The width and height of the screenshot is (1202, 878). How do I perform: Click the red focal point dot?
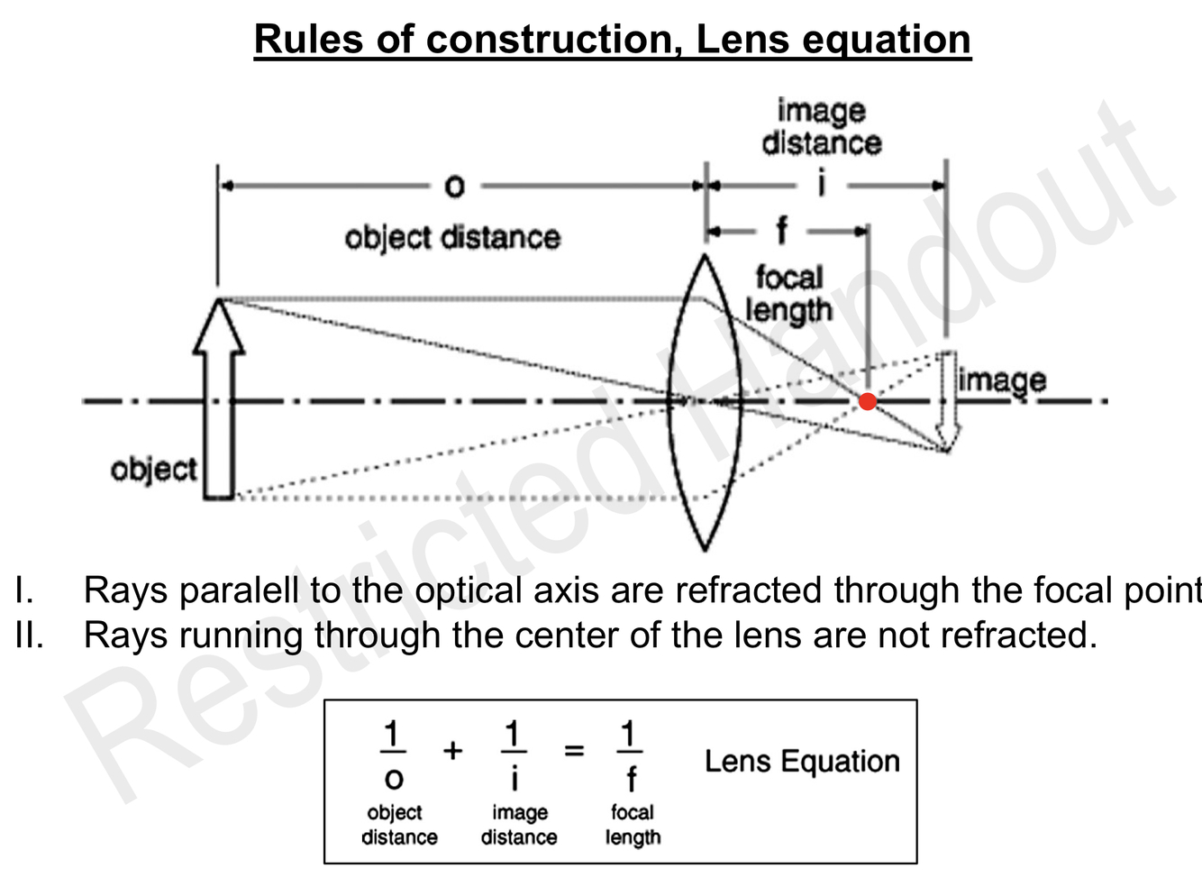click(867, 401)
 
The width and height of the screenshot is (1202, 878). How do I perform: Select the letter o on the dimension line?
click(455, 187)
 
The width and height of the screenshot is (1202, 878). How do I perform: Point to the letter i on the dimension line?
click(821, 185)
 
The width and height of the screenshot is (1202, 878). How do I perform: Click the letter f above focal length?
click(781, 232)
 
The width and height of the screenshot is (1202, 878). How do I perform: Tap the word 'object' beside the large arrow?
click(153, 469)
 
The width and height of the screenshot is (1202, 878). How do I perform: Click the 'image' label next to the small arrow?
click(1002, 380)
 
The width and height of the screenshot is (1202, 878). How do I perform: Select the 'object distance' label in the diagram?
click(452, 238)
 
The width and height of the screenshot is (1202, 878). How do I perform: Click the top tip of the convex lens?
click(706, 258)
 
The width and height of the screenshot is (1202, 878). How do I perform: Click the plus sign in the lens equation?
click(453, 750)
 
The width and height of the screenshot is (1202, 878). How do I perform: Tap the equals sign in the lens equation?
click(574, 750)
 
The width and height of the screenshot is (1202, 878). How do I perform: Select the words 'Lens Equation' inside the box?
click(802, 762)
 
